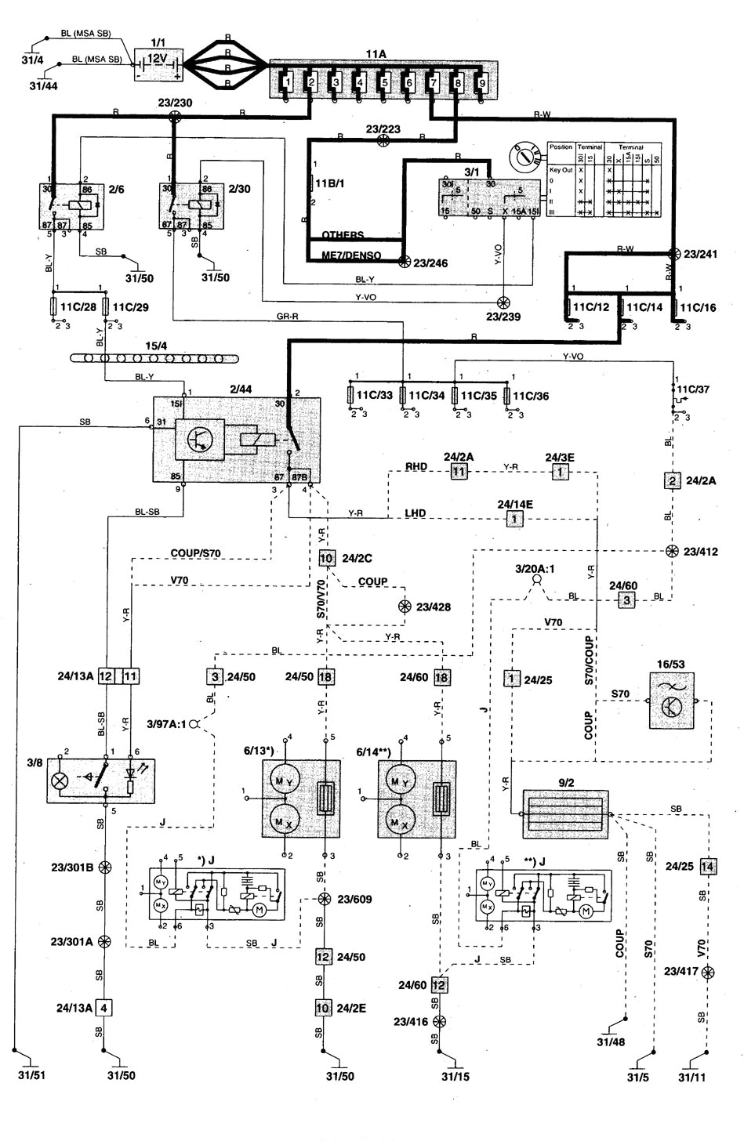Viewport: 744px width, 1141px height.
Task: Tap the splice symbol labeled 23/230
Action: (174, 115)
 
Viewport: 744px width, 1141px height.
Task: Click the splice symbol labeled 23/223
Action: (383, 141)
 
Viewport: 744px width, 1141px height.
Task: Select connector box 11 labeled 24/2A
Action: (459, 472)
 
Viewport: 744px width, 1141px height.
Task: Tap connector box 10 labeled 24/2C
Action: (326, 558)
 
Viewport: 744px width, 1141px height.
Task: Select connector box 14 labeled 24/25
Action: (708, 867)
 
